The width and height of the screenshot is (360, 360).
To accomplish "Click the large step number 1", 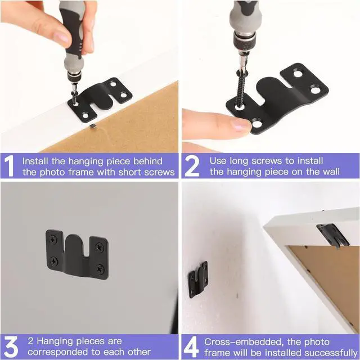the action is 9,166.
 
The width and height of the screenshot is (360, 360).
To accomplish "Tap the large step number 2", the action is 192,166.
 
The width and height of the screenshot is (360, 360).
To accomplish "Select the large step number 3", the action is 11,346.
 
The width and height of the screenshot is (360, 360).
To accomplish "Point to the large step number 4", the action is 191,346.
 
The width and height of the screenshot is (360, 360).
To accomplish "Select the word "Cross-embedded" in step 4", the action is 244,342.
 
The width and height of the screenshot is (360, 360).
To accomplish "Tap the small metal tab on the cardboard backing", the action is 93,126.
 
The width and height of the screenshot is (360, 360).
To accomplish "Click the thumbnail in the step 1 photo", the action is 61,36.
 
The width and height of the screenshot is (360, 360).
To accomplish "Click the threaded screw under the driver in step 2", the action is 241,91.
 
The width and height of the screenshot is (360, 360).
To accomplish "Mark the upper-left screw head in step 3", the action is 53,240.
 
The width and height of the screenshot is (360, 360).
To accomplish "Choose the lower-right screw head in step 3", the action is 101,269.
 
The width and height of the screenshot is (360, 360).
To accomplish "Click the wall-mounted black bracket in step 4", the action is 198,279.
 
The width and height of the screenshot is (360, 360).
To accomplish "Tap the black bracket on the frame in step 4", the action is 333,235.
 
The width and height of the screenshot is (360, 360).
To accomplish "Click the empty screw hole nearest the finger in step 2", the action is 257,124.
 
